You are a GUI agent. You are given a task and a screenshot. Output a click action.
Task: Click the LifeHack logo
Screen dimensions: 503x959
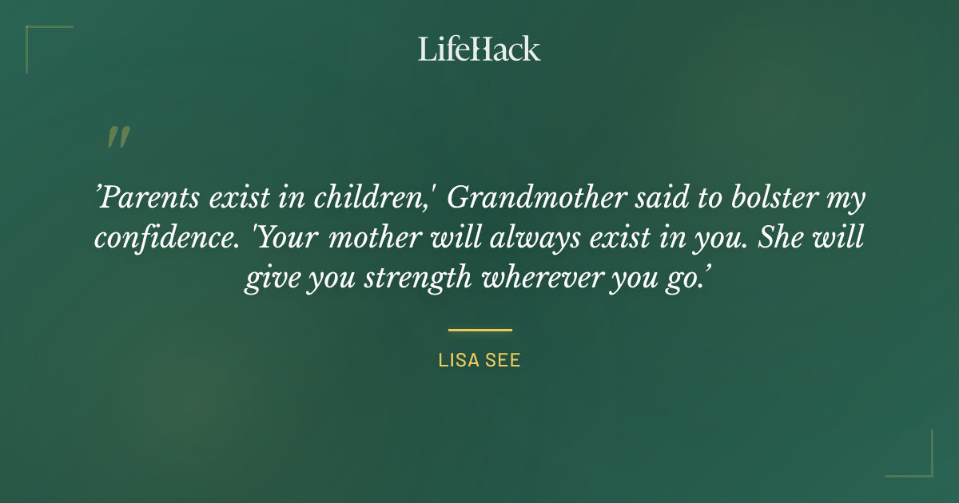(479, 49)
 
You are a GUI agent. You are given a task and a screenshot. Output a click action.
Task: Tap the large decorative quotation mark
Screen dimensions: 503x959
(117, 137)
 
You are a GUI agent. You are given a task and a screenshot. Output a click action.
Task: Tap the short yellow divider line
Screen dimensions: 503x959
(479, 329)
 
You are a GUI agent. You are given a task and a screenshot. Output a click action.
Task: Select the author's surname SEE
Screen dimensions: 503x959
(503, 360)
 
